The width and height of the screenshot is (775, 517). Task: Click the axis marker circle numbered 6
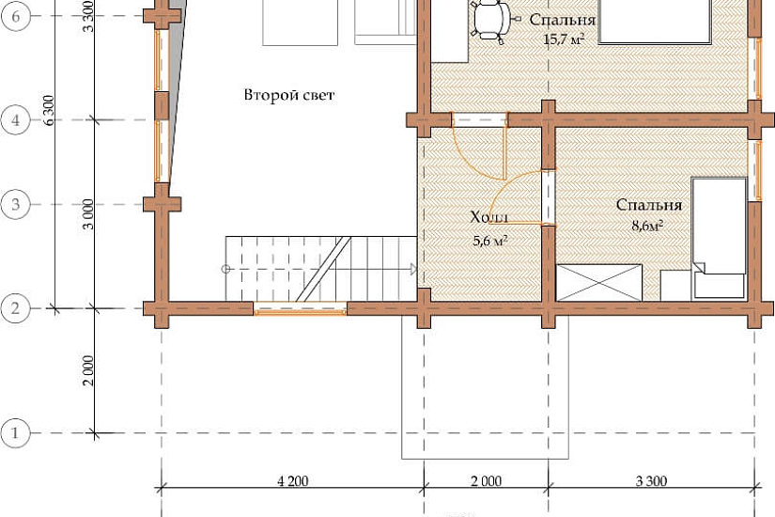(x=15, y=16)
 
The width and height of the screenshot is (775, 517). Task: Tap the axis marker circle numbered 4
(x=15, y=120)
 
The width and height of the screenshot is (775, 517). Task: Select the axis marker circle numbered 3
(x=15, y=204)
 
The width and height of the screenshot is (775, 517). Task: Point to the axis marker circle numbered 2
(x=15, y=308)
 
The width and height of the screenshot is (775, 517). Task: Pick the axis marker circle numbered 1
(x=15, y=433)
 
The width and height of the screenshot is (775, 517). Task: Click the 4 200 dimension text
(x=292, y=481)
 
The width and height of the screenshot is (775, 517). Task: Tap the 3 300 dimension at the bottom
(x=651, y=481)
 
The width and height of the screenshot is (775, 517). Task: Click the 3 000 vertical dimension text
(x=88, y=214)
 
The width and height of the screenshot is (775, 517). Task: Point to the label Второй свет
(x=289, y=95)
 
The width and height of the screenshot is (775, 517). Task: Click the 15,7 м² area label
(x=564, y=39)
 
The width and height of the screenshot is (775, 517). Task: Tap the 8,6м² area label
(x=647, y=227)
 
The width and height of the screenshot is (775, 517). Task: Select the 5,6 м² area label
(x=490, y=241)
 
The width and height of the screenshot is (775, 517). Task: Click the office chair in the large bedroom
(x=492, y=19)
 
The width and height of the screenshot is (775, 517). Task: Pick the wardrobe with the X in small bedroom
(x=599, y=283)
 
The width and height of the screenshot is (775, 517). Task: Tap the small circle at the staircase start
(x=225, y=269)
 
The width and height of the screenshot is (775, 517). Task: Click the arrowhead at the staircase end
(x=413, y=269)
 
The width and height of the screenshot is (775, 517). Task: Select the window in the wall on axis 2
(x=300, y=308)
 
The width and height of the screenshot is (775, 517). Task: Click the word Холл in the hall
(x=488, y=217)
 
